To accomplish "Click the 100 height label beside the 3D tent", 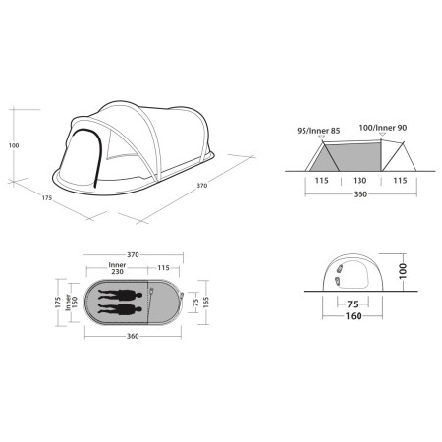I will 14,144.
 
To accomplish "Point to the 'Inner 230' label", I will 116,268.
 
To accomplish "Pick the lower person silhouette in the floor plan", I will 121,311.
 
